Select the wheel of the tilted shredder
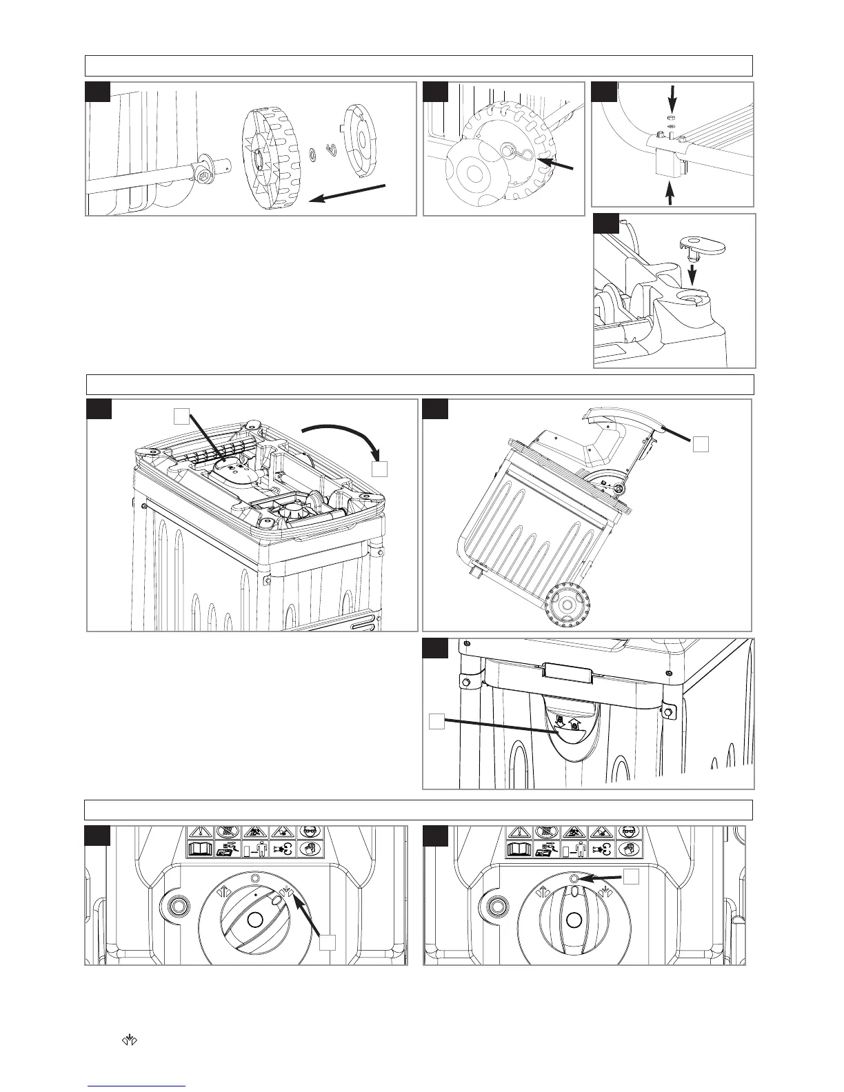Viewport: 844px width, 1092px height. coord(566,605)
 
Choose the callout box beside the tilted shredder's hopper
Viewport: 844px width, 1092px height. coord(701,444)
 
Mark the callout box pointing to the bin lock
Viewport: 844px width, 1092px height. coord(436,721)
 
